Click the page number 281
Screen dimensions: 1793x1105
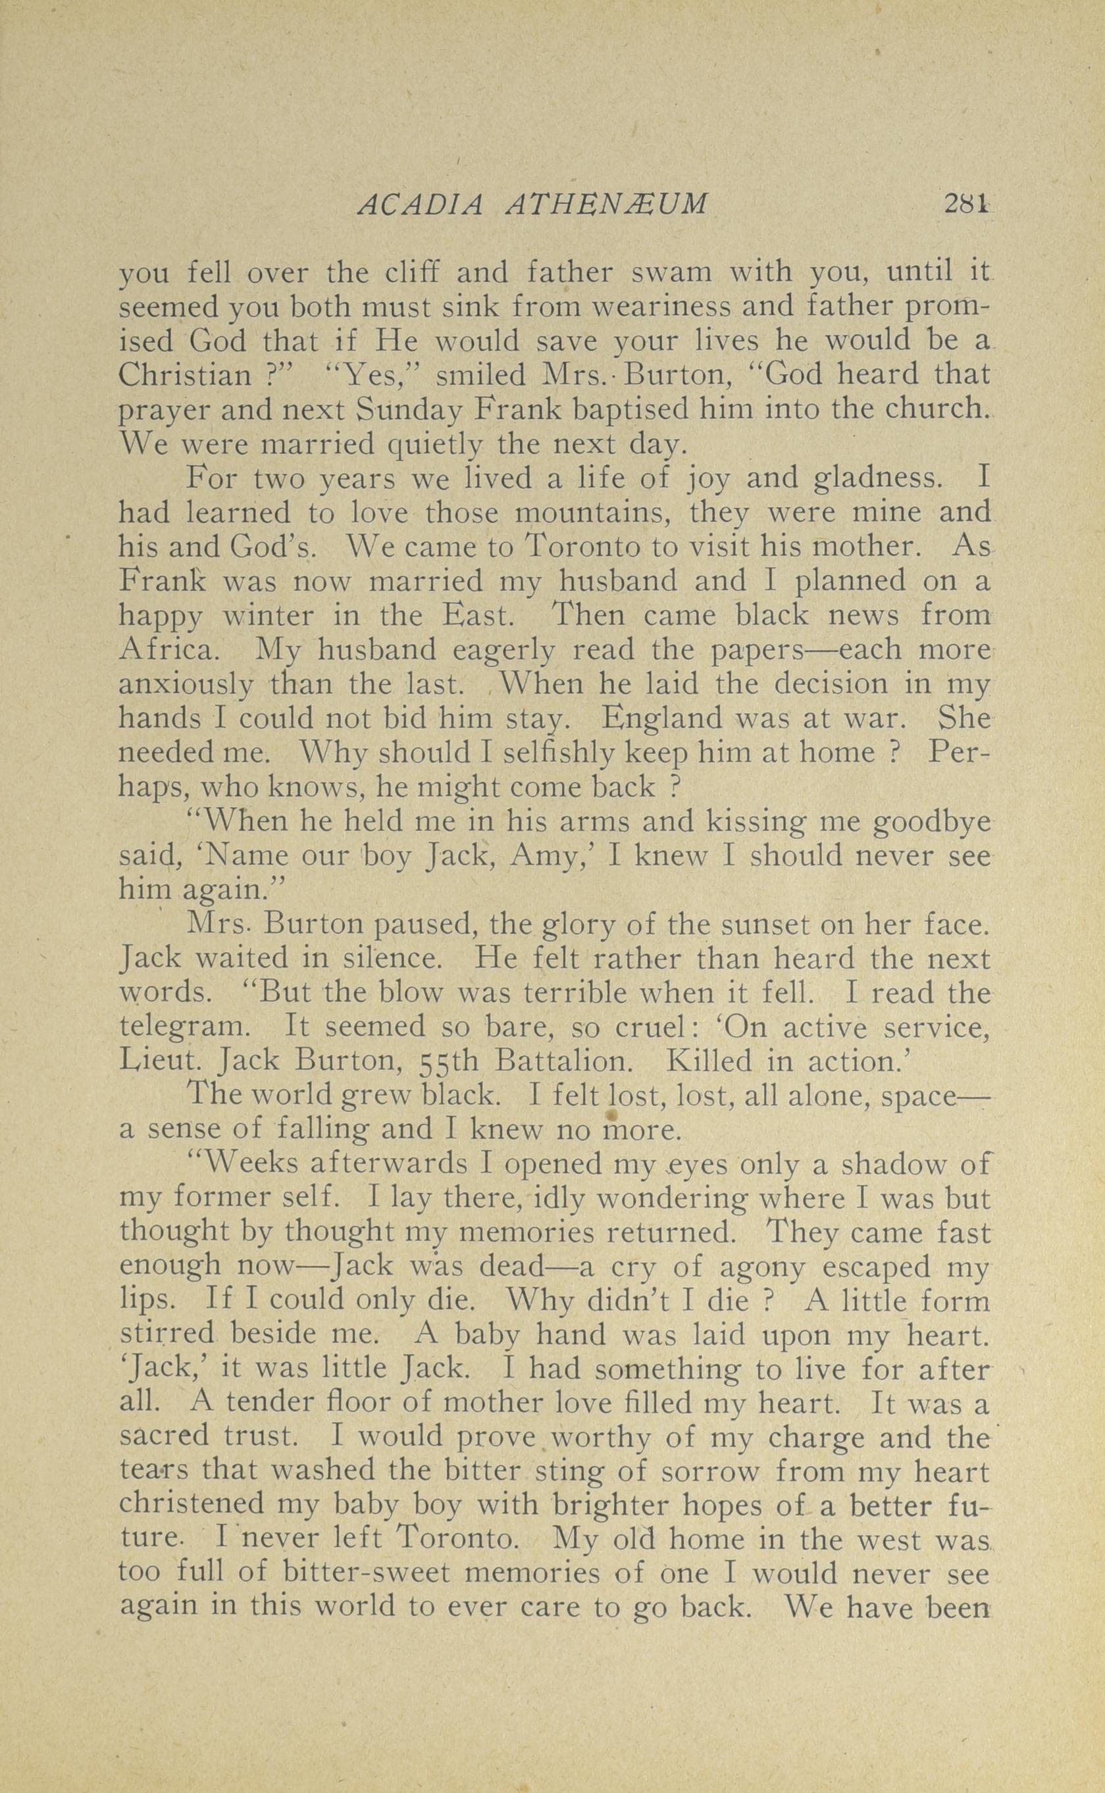966,203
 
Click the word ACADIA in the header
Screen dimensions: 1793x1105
419,204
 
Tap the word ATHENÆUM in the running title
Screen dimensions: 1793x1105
607,204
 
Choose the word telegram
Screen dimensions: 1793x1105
184,1028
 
